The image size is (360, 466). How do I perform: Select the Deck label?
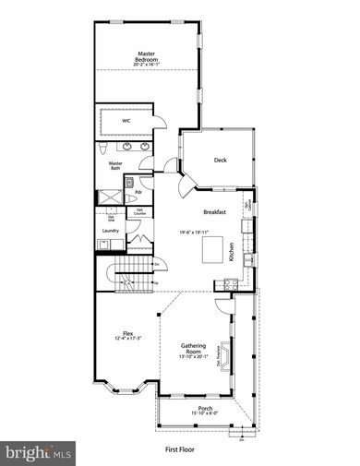click(221, 160)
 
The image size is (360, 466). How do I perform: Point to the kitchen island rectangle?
click(215, 248)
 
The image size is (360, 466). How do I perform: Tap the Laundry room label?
click(111, 231)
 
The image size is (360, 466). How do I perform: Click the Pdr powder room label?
click(138, 192)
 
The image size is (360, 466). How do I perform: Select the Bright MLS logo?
click(39, 452)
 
